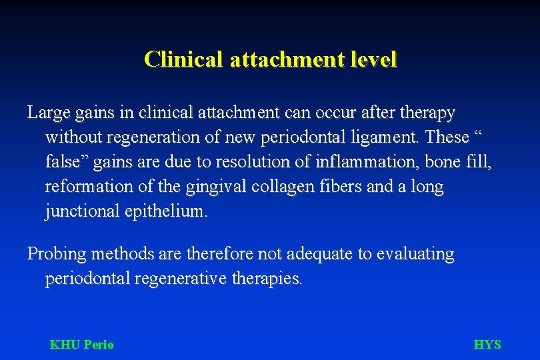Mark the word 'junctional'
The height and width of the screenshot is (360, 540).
(x=82, y=212)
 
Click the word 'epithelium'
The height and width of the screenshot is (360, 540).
(x=166, y=212)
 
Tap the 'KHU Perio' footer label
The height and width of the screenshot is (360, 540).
(x=82, y=345)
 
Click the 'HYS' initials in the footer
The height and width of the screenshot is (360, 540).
(x=487, y=345)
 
